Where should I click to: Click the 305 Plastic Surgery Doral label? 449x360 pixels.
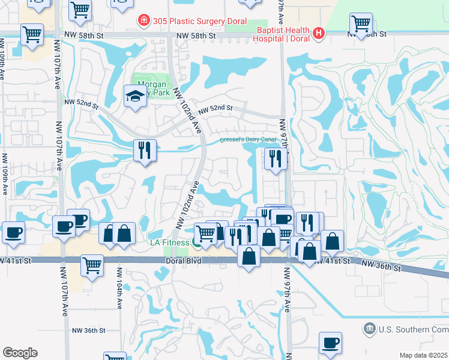[194, 22]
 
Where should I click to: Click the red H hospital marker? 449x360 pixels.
[318, 34]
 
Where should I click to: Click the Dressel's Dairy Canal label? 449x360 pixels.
[247, 140]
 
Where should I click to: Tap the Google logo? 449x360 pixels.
[20, 353]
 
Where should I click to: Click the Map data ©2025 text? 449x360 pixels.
[423, 355]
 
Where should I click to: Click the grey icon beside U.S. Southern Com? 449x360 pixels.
[369, 328]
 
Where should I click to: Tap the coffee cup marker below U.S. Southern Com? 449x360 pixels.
[330, 343]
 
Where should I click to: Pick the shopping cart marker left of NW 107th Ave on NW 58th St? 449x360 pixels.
[32, 34]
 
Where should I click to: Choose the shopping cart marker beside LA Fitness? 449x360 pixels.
[206, 233]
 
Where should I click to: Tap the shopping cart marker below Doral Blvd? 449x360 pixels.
[92, 265]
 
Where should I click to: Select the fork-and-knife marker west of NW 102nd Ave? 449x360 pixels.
[145, 150]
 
